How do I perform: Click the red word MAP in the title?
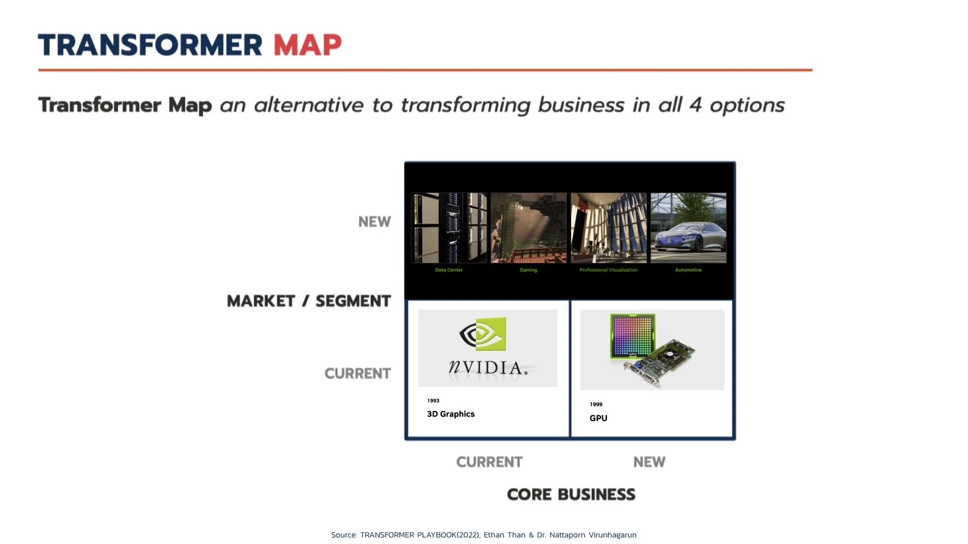[307, 45]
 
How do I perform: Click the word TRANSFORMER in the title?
[150, 45]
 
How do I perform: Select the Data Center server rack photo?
[449, 228]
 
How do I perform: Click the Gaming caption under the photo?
[528, 270]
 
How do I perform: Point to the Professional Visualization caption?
[608, 270]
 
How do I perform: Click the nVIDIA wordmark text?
[488, 368]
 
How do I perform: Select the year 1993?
[433, 401]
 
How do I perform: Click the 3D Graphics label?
[450, 414]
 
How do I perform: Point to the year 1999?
[596, 405]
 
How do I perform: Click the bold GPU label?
[598, 418]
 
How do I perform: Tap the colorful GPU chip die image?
[632, 336]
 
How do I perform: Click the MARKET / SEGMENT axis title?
[308, 301]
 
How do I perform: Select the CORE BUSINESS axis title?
[571, 495]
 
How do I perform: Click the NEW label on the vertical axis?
[374, 222]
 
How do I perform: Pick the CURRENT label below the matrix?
[489, 462]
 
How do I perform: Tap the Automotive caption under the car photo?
[688, 270]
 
